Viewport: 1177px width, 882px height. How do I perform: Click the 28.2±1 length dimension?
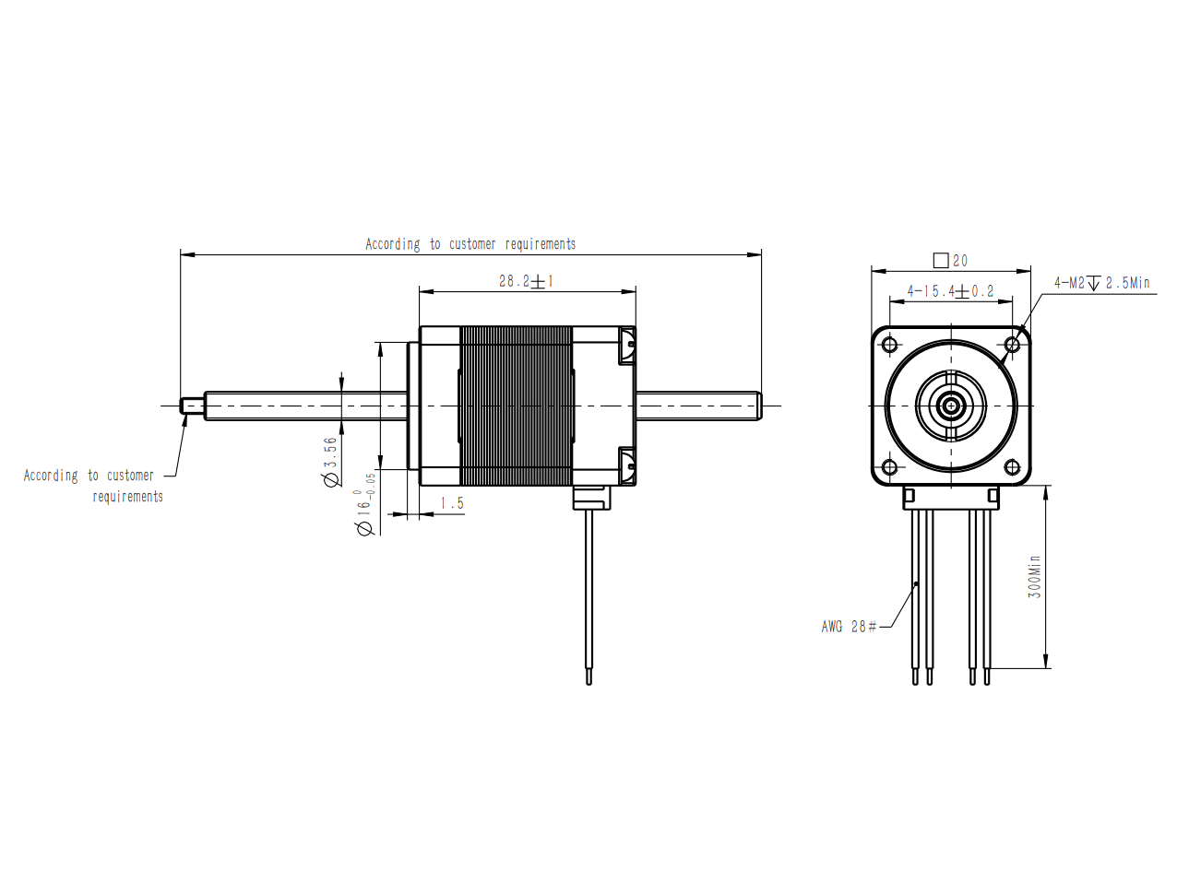pyautogui.click(x=526, y=281)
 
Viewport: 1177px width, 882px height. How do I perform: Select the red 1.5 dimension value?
pyautogui.click(x=451, y=503)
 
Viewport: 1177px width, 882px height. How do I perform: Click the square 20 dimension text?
pyautogui.click(x=951, y=261)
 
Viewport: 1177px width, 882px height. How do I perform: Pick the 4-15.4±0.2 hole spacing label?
pyautogui.click(x=950, y=291)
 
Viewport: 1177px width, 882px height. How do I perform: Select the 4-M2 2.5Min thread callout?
pyautogui.click(x=1102, y=283)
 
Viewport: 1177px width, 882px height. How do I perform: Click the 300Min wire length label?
pyautogui.click(x=1034, y=577)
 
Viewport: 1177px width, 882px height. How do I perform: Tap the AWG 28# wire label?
pyautogui.click(x=849, y=627)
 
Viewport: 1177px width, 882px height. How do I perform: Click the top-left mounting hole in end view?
pyautogui.click(x=889, y=344)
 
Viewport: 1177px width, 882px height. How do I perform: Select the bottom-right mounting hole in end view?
pyautogui.click(x=1012, y=467)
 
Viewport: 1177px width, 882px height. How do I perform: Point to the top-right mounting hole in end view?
pyautogui.click(x=1012, y=344)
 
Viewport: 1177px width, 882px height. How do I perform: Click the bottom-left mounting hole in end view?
pyautogui.click(x=889, y=467)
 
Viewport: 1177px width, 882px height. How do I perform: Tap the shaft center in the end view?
pyautogui.click(x=951, y=406)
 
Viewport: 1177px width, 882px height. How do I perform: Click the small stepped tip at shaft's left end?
pyautogui.click(x=192, y=406)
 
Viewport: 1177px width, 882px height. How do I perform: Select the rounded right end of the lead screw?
pyautogui.click(x=757, y=406)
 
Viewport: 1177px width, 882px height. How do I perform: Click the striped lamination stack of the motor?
pyautogui.click(x=516, y=406)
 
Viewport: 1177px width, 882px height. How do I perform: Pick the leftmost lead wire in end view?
pyautogui.click(x=915, y=597)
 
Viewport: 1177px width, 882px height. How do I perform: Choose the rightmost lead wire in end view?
pyautogui.click(x=987, y=597)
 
